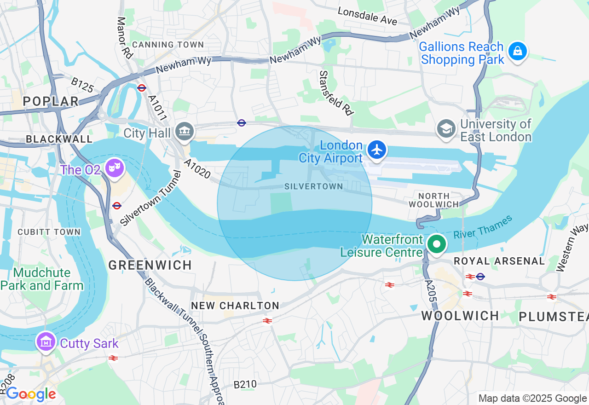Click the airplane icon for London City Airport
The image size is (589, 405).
tap(377, 150)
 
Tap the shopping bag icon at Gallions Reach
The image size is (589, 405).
tap(518, 52)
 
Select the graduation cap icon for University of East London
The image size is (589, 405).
tap(446, 129)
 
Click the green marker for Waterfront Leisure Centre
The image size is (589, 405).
tap(436, 244)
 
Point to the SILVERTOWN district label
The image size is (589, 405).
tap(314, 186)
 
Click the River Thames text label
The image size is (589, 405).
tap(483, 227)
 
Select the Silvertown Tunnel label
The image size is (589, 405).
tap(148, 197)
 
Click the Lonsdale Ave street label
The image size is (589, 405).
tap(367, 16)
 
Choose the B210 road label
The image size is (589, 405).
tap(245, 384)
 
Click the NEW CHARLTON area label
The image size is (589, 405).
tap(235, 306)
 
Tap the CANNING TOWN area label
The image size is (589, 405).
tap(168, 45)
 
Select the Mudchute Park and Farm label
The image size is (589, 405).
tap(42, 279)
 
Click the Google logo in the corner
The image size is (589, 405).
tap(31, 394)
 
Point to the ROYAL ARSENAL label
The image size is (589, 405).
tap(499, 261)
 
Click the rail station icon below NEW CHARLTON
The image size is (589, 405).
tap(267, 320)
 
